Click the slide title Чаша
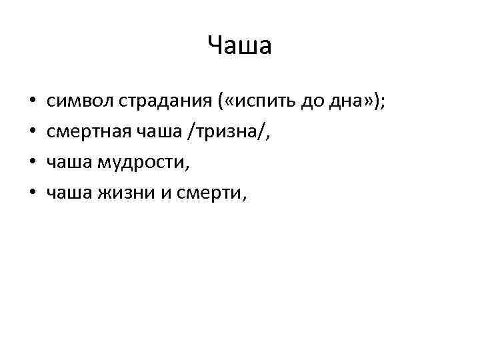[x=239, y=46]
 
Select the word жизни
[x=123, y=193]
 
